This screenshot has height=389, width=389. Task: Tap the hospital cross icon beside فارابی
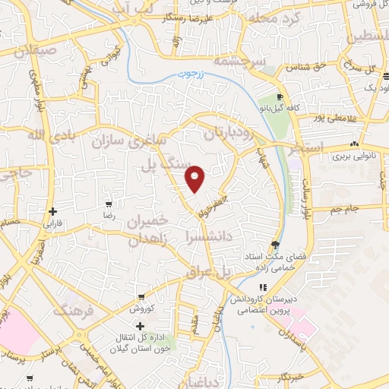point(52,212)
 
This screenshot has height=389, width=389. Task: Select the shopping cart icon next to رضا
point(109,204)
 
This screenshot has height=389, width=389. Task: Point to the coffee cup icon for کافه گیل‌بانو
point(280,97)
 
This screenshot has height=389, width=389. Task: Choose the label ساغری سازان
point(122,140)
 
